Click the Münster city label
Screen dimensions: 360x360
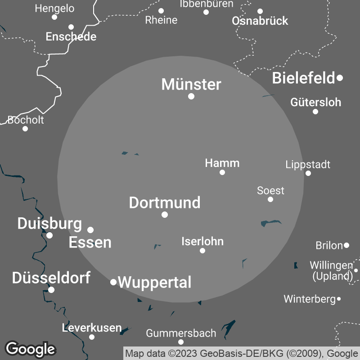pyautogui.click(x=191, y=84)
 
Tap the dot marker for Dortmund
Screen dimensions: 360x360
pyautogui.click(x=165, y=215)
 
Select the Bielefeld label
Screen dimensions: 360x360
pyautogui.click(x=304, y=78)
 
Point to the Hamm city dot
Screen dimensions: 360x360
pyautogui.click(x=222, y=172)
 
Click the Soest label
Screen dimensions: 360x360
pyautogui.click(x=270, y=190)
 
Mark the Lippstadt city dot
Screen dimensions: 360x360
pyautogui.click(x=308, y=173)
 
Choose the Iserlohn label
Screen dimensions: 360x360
pyautogui.click(x=202, y=241)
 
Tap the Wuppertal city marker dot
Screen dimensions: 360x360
pyautogui.click(x=113, y=282)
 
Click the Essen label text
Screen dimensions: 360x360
pyautogui.click(x=90, y=243)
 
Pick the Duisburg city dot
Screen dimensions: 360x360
pyautogui.click(x=49, y=235)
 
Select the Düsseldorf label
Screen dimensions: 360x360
pyautogui.click(x=51, y=278)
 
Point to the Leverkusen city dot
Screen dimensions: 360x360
pyautogui.click(x=92, y=337)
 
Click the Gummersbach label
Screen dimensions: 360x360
pyautogui.click(x=181, y=333)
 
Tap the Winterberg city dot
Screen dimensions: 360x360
pyautogui.click(x=339, y=299)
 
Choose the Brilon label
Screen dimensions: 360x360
pyautogui.click(x=329, y=246)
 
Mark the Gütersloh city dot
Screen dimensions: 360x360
pyautogui.click(x=315, y=112)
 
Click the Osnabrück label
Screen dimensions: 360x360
pyautogui.click(x=260, y=21)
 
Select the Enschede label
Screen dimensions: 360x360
pyautogui.click(x=71, y=36)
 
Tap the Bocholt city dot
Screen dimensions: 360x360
pyautogui.click(x=25, y=129)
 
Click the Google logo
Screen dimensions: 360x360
pyautogui.click(x=30, y=349)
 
